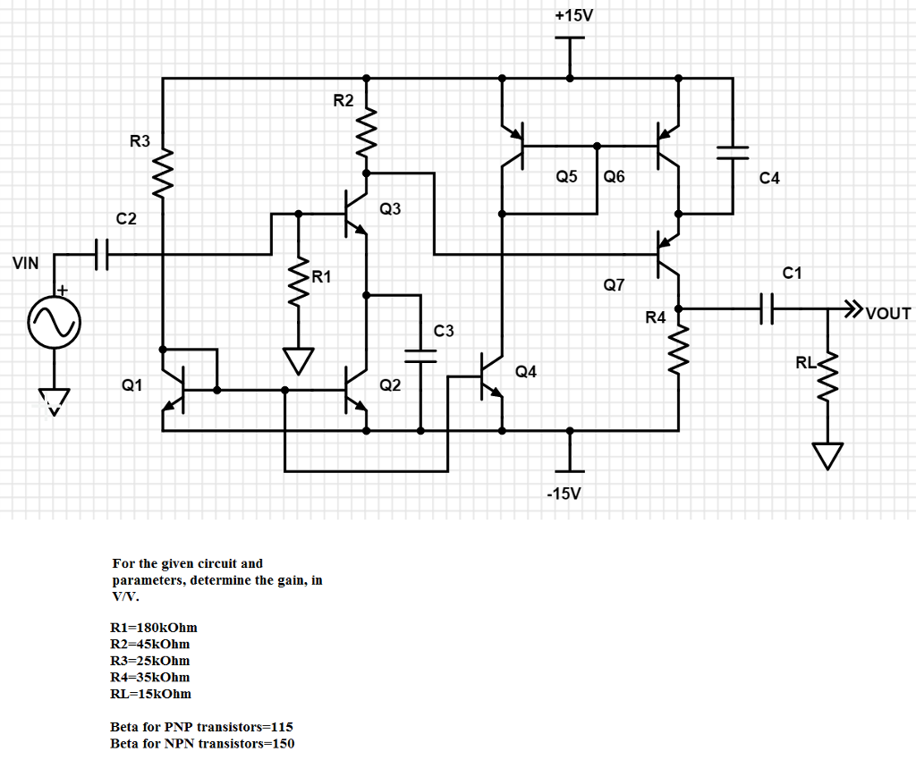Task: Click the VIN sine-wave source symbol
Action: [53, 322]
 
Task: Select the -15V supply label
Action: [566, 494]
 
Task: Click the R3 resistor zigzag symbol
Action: [164, 170]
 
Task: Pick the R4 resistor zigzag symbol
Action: [679, 345]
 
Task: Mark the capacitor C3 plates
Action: [420, 355]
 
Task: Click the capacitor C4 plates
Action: [733, 152]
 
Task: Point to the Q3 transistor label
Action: [390, 209]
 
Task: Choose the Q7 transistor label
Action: [614, 285]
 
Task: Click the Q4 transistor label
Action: [526, 371]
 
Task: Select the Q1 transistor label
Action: [132, 385]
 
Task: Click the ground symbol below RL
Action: [828, 456]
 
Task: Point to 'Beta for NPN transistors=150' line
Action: [202, 743]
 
